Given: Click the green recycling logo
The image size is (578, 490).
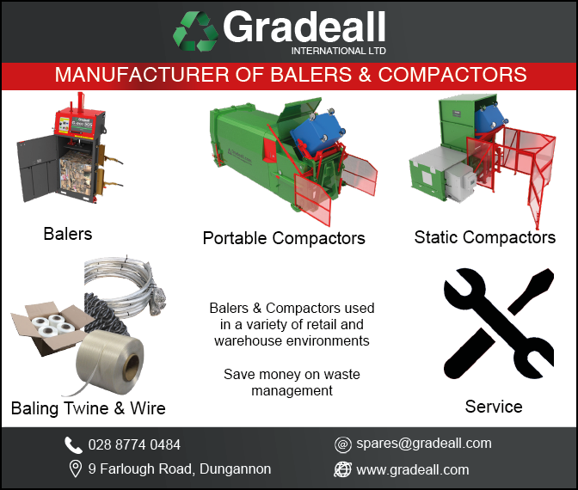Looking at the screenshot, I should (x=196, y=31).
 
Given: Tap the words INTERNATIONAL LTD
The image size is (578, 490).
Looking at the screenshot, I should (x=338, y=51).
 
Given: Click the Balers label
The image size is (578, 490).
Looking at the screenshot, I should (x=67, y=233).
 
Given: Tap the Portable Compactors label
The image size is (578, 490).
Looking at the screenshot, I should (x=284, y=238).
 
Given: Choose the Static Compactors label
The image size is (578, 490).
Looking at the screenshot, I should (x=484, y=237).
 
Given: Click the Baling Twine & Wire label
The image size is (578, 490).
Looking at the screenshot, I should (x=89, y=407).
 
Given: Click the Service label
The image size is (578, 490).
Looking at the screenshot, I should (x=494, y=407).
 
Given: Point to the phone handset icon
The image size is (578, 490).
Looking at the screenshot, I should (x=74, y=444).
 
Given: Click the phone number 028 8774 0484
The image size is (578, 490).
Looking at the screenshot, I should (x=134, y=445).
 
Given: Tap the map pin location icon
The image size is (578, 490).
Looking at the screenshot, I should (x=74, y=469).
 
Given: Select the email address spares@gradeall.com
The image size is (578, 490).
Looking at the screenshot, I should (x=424, y=444).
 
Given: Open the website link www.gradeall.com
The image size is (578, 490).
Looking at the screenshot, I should (x=413, y=469).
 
